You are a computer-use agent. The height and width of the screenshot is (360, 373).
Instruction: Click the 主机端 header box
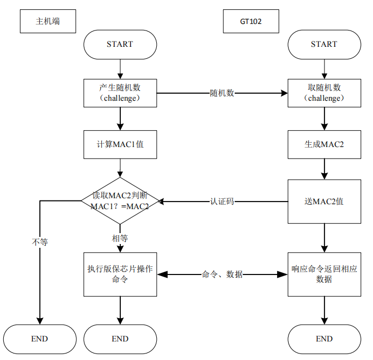pos(47,22)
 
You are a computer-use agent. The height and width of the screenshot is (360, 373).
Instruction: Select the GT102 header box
pos(251,22)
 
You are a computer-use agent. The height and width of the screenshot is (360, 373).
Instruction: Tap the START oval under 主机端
pos(120,44)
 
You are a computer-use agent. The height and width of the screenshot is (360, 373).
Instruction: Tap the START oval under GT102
pos(324,44)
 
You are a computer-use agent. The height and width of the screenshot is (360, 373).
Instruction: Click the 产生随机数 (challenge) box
pos(120,93)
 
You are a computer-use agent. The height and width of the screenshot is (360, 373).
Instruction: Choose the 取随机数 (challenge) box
pos(324,93)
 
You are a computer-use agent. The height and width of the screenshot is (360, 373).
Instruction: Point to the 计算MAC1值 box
pos(120,144)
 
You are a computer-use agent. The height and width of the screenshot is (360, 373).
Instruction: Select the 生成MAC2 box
pos(324,144)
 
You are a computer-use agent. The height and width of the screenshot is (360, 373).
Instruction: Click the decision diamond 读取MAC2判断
pos(120,200)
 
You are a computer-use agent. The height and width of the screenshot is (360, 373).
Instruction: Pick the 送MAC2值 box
pos(324,201)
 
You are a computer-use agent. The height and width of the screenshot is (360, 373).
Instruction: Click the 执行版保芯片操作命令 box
pos(120,274)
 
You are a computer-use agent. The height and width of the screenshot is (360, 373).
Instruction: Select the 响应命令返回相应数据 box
pos(324,274)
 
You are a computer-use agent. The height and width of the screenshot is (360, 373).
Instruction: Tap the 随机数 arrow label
pos(222,93)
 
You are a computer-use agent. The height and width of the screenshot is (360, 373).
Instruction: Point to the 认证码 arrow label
pos(222,201)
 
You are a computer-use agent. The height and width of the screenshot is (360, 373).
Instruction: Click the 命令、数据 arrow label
pos(222,274)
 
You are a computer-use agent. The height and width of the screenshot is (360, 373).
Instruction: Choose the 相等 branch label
pos(120,238)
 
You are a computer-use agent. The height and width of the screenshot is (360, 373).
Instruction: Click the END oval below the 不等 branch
pos(40,339)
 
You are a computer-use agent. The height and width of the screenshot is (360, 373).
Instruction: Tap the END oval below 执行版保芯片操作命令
pos(120,339)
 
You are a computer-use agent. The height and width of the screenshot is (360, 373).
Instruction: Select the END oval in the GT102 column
pos(324,339)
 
